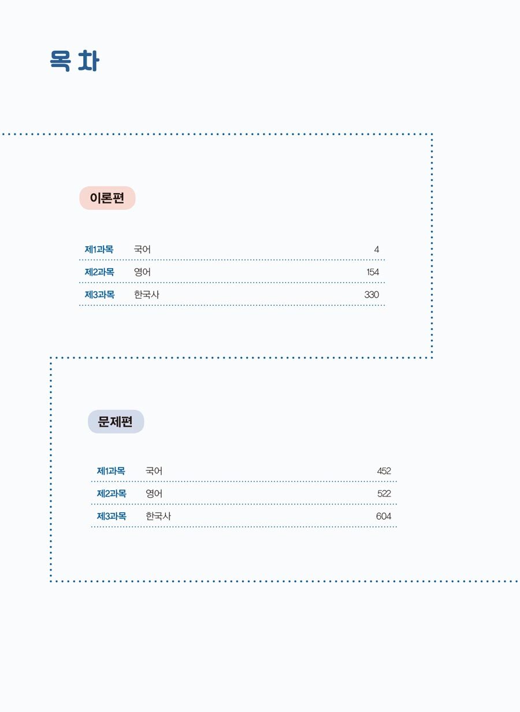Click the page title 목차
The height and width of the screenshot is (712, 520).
point(75,61)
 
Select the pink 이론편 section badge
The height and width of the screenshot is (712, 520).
point(107,198)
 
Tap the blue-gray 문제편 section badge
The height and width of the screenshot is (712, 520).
point(116,421)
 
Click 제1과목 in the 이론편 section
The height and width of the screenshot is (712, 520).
point(99,250)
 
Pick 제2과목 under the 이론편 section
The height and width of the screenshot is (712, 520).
point(99,272)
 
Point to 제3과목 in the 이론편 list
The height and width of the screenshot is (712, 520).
point(99,295)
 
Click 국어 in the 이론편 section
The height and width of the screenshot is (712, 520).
point(142,250)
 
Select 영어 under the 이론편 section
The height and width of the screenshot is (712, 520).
point(142,272)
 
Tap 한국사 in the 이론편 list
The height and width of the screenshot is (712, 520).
point(147,295)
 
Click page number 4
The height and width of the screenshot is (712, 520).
point(376,250)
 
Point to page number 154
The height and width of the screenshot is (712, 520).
point(373,272)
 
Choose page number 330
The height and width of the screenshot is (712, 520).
point(372,295)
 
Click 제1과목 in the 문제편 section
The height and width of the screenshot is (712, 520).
point(111,471)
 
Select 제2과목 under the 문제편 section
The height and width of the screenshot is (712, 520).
point(112,494)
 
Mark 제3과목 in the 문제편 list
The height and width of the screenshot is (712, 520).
point(112,516)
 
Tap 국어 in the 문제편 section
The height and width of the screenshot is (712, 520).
point(154,471)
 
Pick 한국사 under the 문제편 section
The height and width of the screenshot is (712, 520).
point(158,516)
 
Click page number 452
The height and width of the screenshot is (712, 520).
point(384,471)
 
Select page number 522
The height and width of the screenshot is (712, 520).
point(384,494)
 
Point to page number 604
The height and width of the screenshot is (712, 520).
point(384,516)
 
